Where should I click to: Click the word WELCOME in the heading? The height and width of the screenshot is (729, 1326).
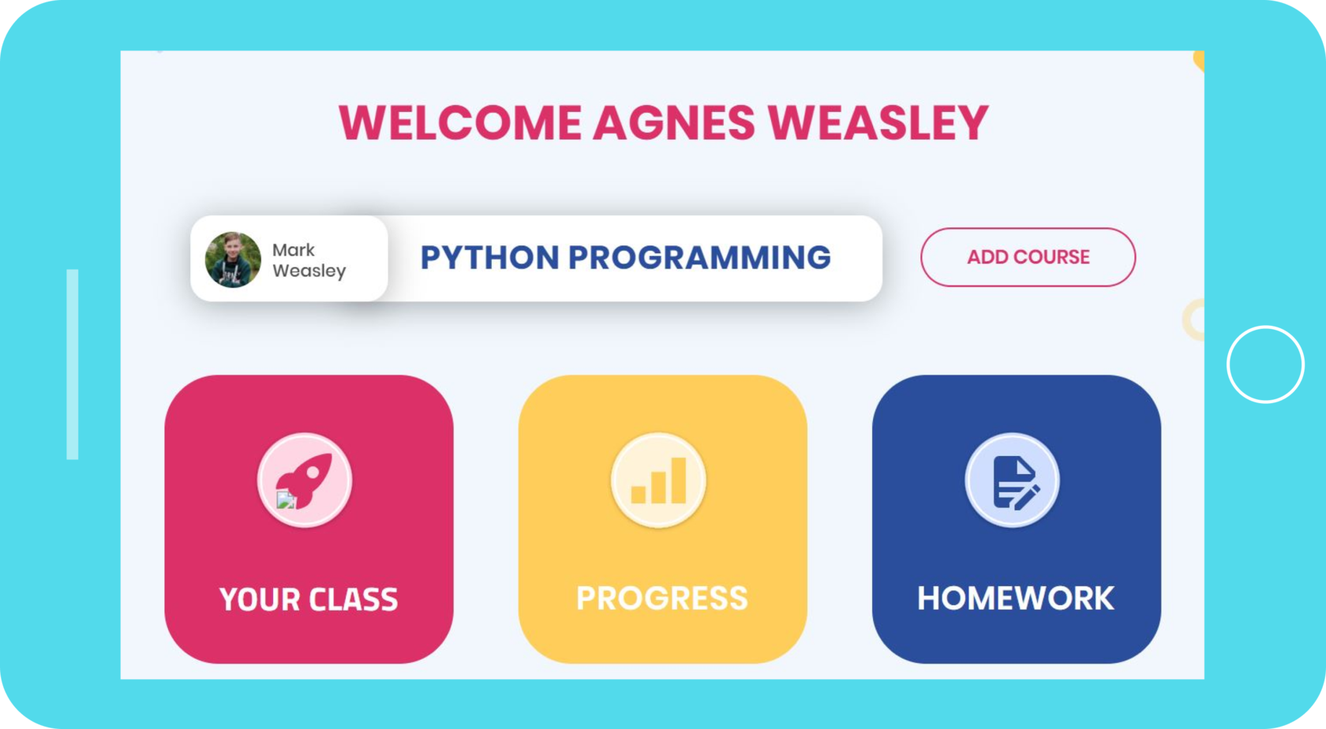(x=459, y=123)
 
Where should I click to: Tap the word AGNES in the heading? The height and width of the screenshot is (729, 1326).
(x=674, y=123)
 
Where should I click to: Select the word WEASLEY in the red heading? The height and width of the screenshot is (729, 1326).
(x=878, y=123)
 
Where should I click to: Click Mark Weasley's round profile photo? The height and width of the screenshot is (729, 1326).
(x=233, y=259)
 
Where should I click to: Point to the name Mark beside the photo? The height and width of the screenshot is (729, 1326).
(x=293, y=249)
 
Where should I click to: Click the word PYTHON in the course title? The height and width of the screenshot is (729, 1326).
(x=489, y=257)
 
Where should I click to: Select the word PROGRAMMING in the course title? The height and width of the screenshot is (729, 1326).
(x=699, y=257)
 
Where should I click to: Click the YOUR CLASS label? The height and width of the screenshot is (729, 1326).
(x=309, y=599)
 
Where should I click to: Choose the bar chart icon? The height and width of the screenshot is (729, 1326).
(x=659, y=480)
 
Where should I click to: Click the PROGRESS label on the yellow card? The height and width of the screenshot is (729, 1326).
(x=661, y=598)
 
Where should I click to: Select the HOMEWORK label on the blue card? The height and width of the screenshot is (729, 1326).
(x=1015, y=598)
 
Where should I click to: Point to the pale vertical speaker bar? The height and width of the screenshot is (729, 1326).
(x=73, y=364)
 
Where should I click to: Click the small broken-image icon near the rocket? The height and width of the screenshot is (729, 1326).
(x=286, y=500)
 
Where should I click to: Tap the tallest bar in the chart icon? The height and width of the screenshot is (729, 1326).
(x=679, y=480)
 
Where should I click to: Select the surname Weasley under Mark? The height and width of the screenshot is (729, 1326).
(x=309, y=271)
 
